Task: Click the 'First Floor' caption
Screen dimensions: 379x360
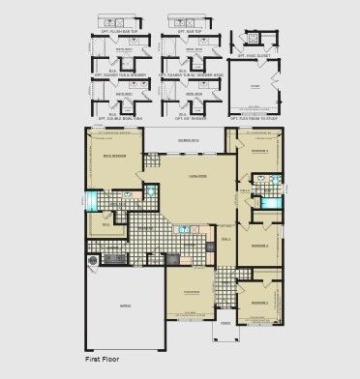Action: pyautogui.click(x=93, y=359)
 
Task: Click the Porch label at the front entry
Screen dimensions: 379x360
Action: pyautogui.click(x=225, y=324)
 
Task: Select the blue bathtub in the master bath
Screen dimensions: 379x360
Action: pyautogui.click(x=92, y=200)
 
